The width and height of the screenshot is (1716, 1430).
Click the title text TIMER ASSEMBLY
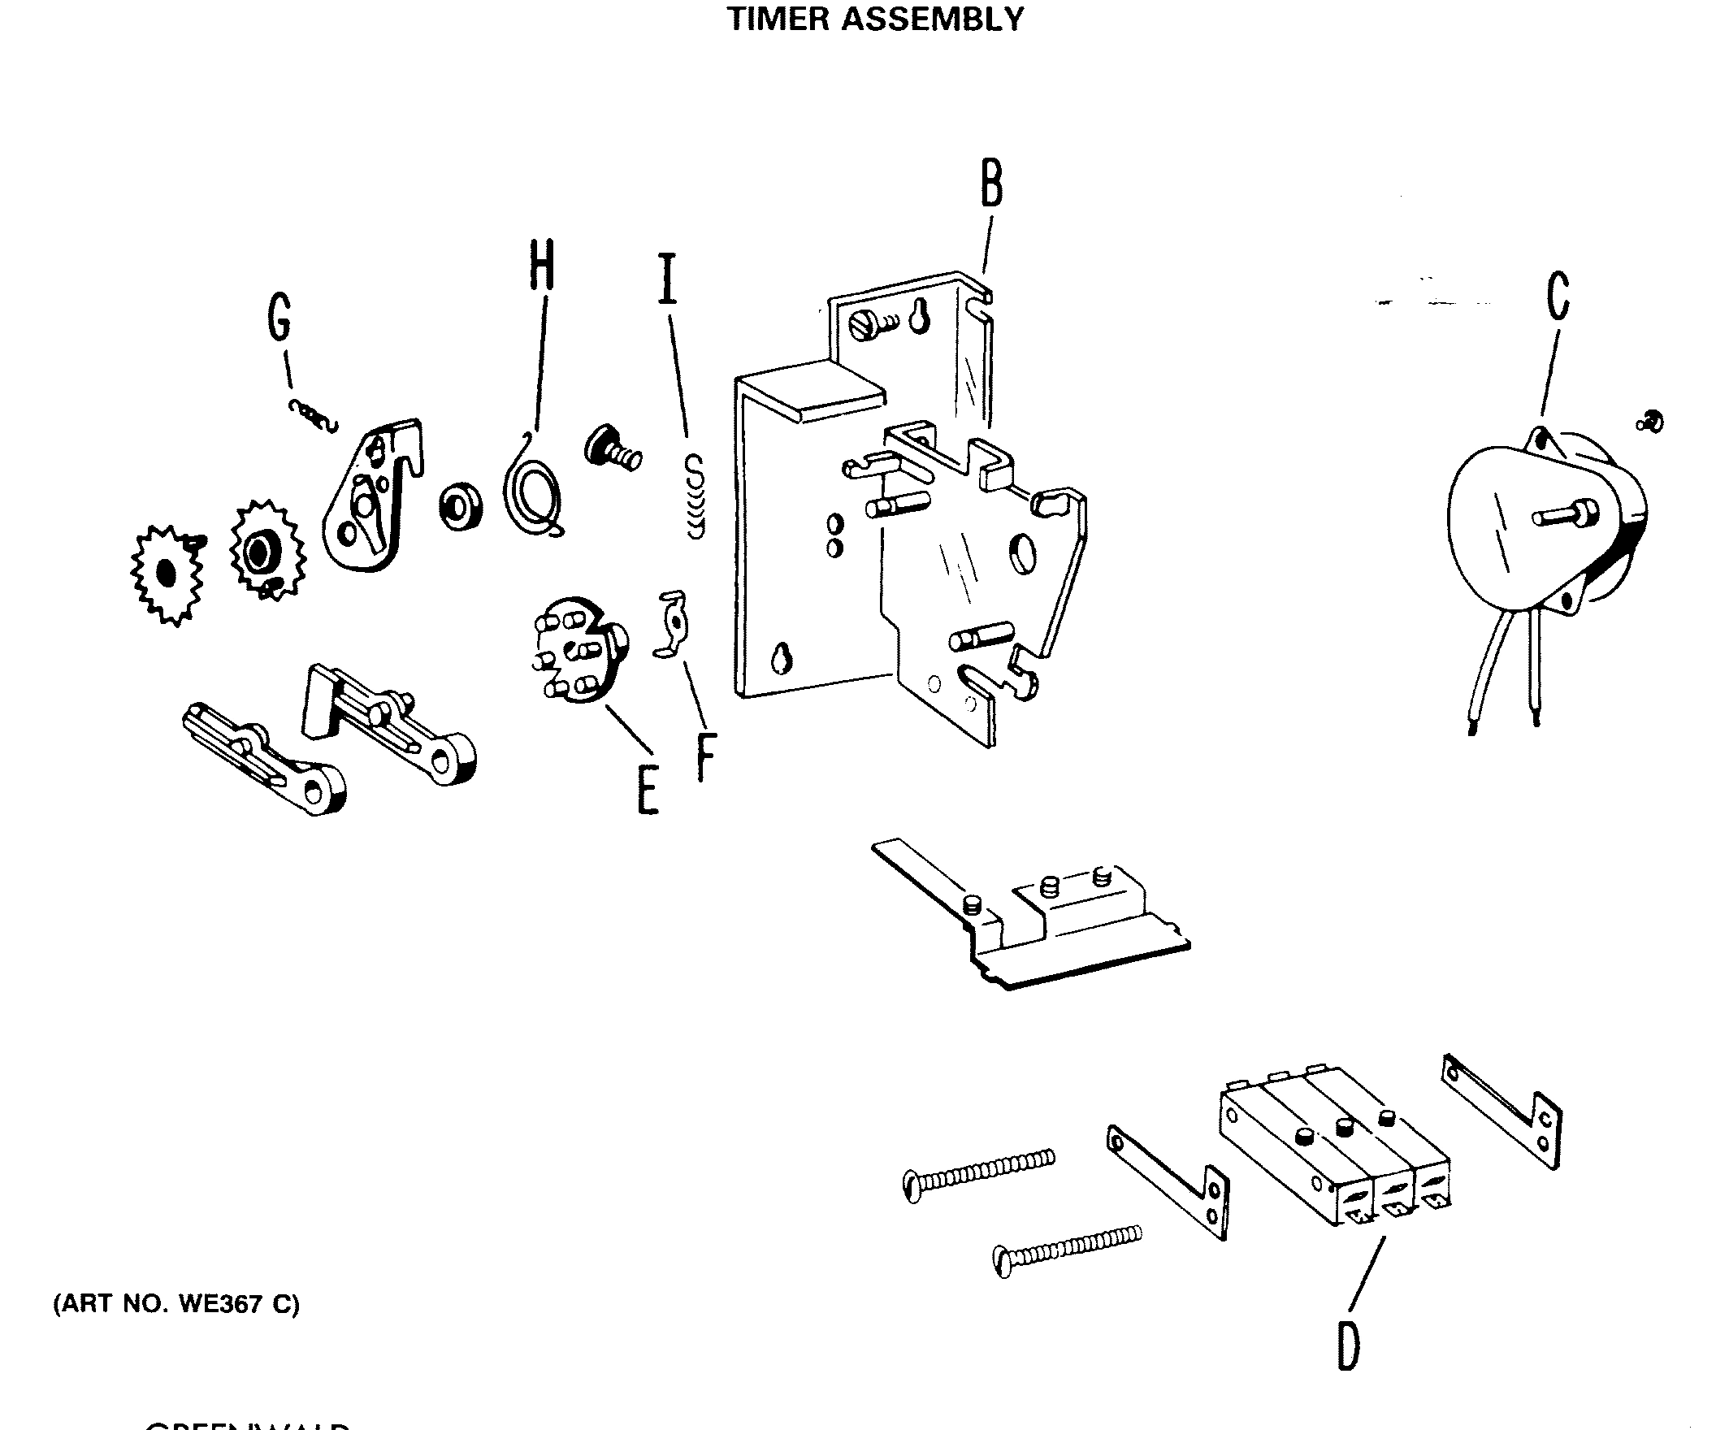pyautogui.click(x=874, y=19)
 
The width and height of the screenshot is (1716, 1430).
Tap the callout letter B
pyautogui.click(x=991, y=184)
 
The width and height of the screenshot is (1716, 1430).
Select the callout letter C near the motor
pyautogui.click(x=1558, y=296)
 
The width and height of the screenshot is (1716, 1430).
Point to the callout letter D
pyautogui.click(x=1347, y=1345)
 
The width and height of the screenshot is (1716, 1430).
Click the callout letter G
pyautogui.click(x=279, y=318)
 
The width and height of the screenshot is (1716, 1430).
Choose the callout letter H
pyautogui.click(x=541, y=265)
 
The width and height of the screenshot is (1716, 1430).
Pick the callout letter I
pyautogui.click(x=668, y=279)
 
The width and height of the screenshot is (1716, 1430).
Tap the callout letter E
pyautogui.click(x=648, y=791)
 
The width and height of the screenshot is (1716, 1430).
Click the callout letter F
pyautogui.click(x=706, y=757)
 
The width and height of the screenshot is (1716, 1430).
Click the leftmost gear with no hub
pyautogui.click(x=167, y=575)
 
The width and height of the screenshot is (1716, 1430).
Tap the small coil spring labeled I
pyautogui.click(x=695, y=497)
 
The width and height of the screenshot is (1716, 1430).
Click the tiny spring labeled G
pyautogui.click(x=313, y=417)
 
